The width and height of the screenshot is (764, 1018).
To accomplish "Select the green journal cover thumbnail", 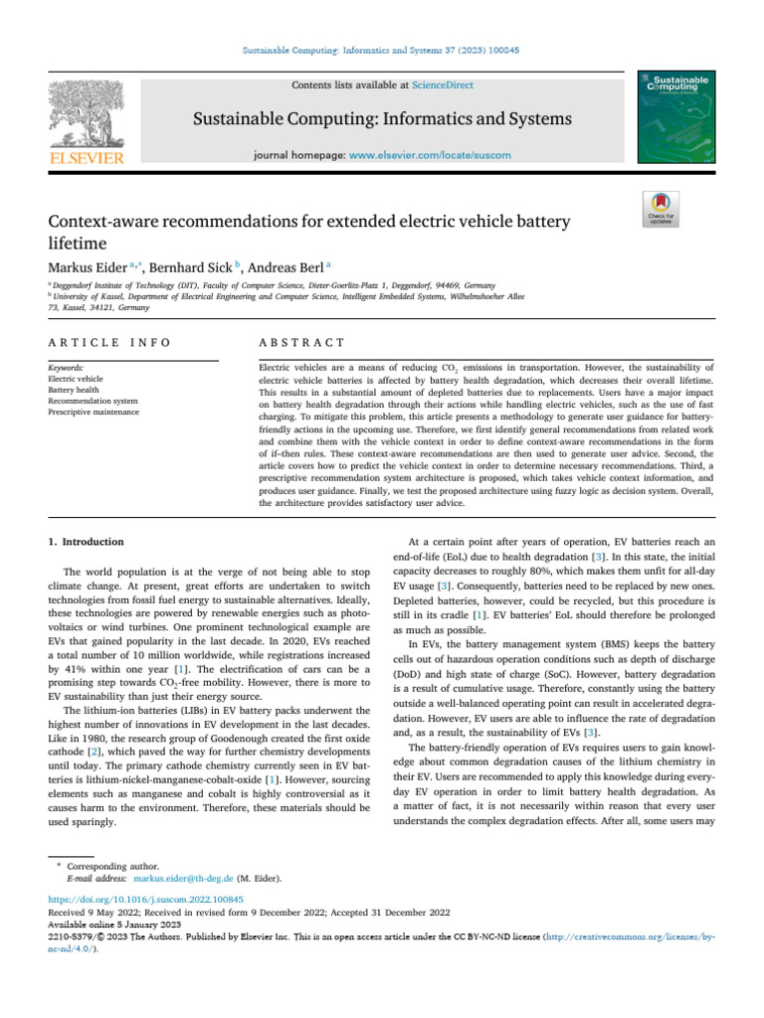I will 681,115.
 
